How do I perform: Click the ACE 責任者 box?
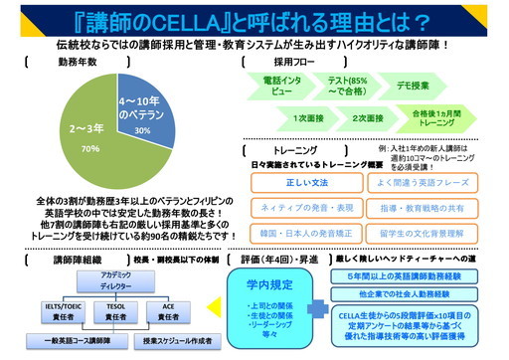pyautogui.click(x=172, y=310)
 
